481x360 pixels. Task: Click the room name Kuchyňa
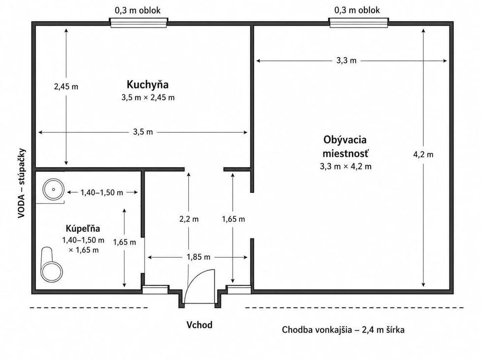[148, 84]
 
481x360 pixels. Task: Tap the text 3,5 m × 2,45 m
[148, 97]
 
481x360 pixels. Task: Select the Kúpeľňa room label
[83, 229]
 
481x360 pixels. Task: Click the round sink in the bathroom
[54, 189]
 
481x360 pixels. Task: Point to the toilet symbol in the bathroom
[52, 264]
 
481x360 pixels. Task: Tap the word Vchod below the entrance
[199, 325]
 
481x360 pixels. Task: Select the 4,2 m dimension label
[423, 154]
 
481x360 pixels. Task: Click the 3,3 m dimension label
[346, 60]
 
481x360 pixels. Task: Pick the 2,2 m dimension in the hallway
[189, 219]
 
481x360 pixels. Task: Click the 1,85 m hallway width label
[199, 257]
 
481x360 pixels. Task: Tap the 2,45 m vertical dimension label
[66, 87]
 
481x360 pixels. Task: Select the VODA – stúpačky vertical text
[21, 183]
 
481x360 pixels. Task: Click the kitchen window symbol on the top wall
[139, 23]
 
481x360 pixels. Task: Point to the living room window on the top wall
[359, 23]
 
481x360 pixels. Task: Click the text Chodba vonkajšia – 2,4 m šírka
[343, 330]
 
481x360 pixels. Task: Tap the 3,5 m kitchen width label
[143, 132]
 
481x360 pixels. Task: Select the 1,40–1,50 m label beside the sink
[102, 193]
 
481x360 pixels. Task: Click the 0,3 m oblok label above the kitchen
[138, 10]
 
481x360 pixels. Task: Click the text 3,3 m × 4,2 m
[346, 167]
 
